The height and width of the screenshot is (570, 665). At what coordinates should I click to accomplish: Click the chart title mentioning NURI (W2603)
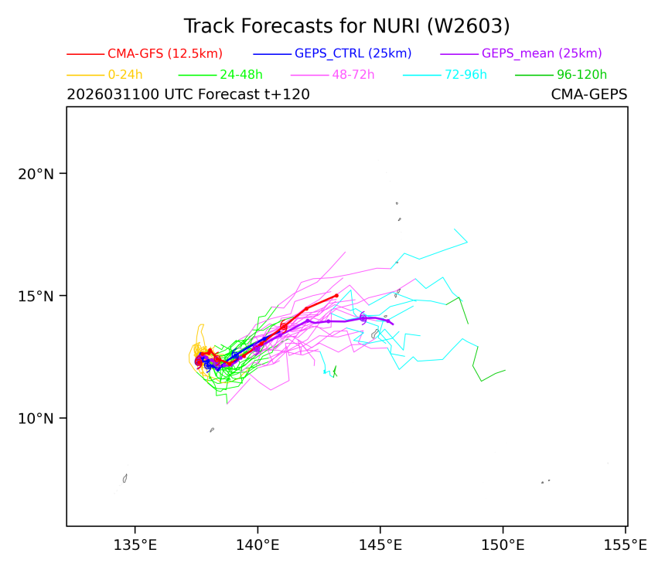click(x=346, y=25)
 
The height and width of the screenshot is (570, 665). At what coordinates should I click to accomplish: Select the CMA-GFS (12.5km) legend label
click(x=165, y=53)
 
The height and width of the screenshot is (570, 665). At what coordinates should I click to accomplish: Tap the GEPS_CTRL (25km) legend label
click(x=353, y=53)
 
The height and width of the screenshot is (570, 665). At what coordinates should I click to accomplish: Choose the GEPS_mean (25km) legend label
click(x=541, y=53)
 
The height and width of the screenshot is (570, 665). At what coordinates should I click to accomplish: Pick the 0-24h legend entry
click(x=125, y=75)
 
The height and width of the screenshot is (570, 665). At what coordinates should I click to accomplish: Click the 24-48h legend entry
click(x=241, y=75)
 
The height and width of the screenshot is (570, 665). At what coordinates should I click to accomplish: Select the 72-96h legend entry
click(x=466, y=75)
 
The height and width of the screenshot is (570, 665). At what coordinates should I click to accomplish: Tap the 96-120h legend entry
click(x=581, y=75)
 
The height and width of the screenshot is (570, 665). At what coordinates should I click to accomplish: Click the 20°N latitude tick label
click(x=36, y=173)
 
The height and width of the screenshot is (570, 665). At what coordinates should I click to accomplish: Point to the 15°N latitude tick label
click(x=36, y=296)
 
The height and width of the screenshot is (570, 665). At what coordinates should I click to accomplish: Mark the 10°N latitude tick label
click(x=36, y=419)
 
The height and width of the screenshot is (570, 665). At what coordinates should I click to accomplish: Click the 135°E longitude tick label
click(x=135, y=546)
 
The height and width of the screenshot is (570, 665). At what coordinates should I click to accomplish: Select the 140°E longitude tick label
click(x=257, y=546)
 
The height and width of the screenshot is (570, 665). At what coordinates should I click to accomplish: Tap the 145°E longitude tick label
click(x=380, y=546)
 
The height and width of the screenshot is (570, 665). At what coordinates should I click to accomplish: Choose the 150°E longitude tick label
click(x=503, y=546)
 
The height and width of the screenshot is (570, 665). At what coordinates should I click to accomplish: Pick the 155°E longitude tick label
click(x=625, y=546)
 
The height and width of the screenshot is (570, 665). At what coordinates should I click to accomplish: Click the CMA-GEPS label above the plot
click(x=588, y=95)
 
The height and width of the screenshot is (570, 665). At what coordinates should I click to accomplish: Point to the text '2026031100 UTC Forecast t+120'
click(x=188, y=95)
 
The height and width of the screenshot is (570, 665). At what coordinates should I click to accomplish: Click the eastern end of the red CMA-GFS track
click(x=336, y=295)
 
